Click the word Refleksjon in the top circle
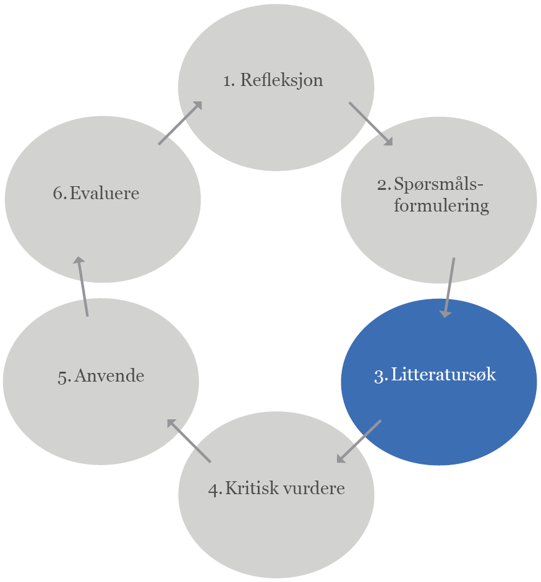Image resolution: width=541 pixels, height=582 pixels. coord(281,80)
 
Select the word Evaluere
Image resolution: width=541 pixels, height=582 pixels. coord(104,193)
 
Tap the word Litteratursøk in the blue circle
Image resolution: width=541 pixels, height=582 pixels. coord(443,375)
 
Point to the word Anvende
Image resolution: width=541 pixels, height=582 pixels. coord(109,376)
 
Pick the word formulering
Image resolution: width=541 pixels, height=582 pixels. coord(441,205)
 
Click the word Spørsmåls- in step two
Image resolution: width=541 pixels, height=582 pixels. coord(438,184)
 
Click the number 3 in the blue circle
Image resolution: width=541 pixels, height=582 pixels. coord(380,375)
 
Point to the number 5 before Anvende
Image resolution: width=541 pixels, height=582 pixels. coord(63,377)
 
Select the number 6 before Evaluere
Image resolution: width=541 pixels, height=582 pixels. coord(59,193)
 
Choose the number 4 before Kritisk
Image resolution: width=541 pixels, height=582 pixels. coord(214,489)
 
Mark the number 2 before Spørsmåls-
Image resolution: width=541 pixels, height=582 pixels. coord(383,184)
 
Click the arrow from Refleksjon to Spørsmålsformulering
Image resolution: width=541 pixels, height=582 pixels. coord(371,124)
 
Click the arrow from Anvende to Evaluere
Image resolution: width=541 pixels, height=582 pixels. coord(82,286)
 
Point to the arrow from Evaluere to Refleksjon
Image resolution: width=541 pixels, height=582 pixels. coord(180,124)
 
